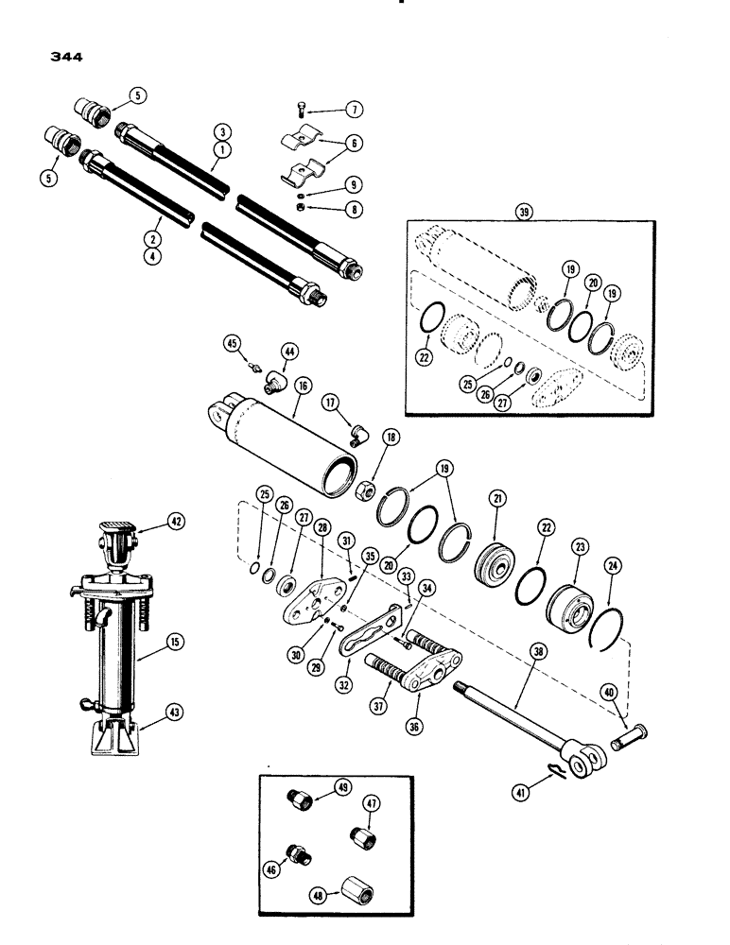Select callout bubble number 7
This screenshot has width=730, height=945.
(x=355, y=111)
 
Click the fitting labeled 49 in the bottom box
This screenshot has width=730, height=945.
(x=300, y=800)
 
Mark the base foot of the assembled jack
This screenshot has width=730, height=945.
(x=116, y=735)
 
